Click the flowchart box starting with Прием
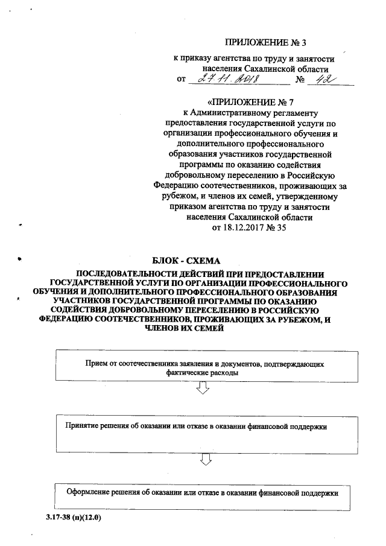tap(203, 369)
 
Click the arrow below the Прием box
tap(204, 392)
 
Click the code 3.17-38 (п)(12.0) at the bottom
tap(73, 518)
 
